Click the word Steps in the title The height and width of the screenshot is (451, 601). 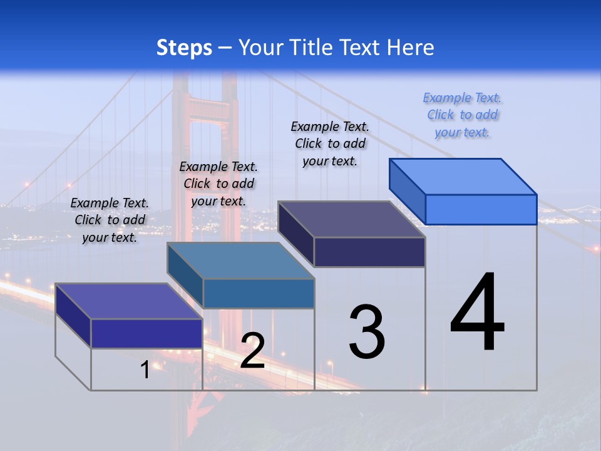point(184,48)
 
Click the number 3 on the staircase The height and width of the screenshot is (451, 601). point(367,332)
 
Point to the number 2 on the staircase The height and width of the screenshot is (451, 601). point(252,351)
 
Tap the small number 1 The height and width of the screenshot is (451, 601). point(145,370)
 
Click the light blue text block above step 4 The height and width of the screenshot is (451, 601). point(463,115)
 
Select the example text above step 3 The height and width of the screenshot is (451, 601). point(330,143)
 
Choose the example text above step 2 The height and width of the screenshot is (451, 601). point(218,184)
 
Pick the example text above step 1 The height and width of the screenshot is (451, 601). point(110,220)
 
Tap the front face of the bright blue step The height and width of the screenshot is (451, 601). point(481,209)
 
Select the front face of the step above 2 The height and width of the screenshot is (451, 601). point(259,293)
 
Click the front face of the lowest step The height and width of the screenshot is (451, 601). point(146,333)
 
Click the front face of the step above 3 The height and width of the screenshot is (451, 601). point(369,252)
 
